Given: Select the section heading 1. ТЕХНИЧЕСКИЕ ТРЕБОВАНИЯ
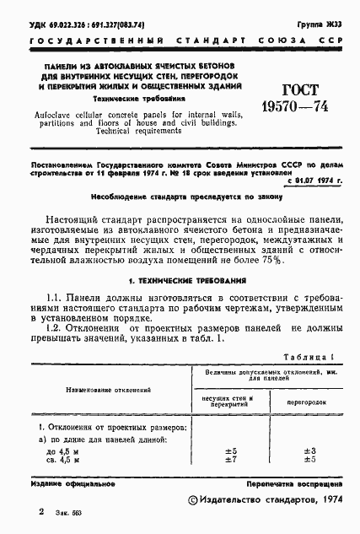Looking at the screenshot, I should coord(180,277).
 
